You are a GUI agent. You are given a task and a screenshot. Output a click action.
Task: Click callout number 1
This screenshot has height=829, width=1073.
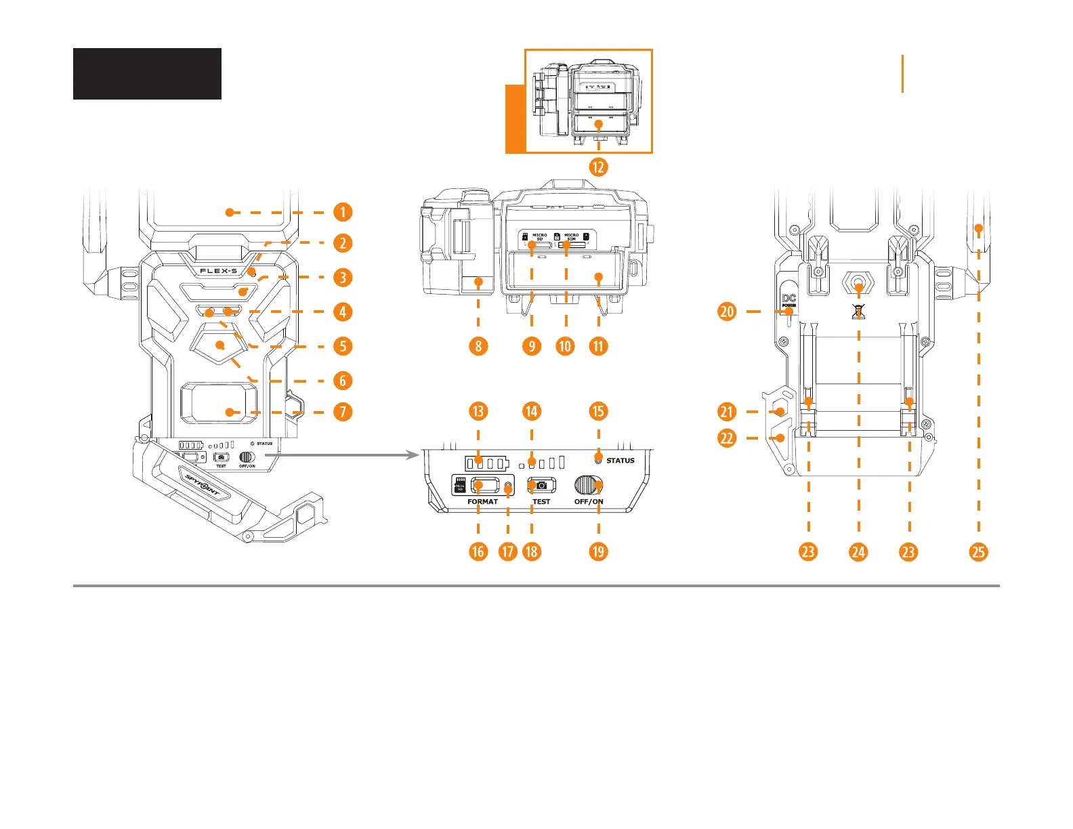pyautogui.click(x=343, y=212)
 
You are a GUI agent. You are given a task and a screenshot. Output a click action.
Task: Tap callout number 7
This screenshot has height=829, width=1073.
pyautogui.click(x=343, y=411)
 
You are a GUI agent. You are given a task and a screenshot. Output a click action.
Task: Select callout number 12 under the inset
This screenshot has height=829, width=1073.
pyautogui.click(x=598, y=167)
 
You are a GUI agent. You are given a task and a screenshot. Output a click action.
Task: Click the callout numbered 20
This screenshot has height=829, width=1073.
pyautogui.click(x=727, y=312)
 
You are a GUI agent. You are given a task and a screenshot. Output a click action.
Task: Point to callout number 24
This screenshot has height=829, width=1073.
pyautogui.click(x=858, y=551)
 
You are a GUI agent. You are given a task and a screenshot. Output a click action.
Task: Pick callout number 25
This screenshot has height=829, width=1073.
pyautogui.click(x=978, y=551)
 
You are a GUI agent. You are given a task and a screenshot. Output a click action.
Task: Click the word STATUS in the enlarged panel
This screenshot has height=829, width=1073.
pyautogui.click(x=620, y=461)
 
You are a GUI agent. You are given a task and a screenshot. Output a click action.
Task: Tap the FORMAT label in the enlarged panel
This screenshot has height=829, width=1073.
pyautogui.click(x=482, y=502)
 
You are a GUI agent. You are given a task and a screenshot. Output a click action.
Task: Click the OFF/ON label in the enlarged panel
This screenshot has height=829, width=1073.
pyautogui.click(x=589, y=502)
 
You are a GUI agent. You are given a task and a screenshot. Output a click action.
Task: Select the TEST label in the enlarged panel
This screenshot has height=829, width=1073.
pyautogui.click(x=541, y=502)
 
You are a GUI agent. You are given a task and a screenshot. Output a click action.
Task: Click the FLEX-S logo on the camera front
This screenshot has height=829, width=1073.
pyautogui.click(x=218, y=271)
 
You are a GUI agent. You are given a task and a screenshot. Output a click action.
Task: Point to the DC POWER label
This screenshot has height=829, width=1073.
pyautogui.click(x=789, y=301)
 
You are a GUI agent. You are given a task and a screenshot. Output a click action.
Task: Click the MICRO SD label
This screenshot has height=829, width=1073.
pyautogui.click(x=540, y=237)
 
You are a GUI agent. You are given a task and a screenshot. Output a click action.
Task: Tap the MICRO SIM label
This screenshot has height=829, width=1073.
pyautogui.click(x=572, y=237)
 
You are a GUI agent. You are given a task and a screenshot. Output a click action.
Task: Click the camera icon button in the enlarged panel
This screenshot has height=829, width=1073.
pyautogui.click(x=541, y=486)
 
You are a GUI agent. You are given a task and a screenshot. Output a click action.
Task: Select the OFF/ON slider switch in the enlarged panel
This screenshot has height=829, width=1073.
pyautogui.click(x=588, y=486)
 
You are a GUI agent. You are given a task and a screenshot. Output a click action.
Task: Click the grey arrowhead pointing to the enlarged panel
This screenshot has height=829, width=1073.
pyautogui.click(x=414, y=455)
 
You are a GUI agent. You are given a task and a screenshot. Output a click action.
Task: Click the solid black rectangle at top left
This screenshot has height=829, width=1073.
pyautogui.click(x=147, y=74)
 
